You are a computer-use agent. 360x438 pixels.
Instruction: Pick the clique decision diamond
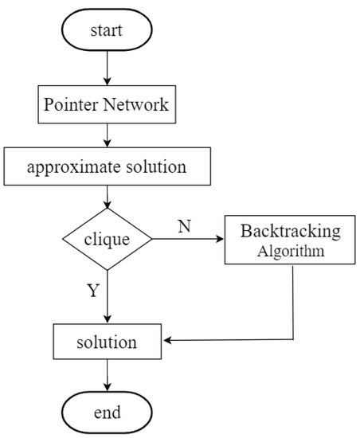(x=106, y=238)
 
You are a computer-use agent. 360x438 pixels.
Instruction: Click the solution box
(x=106, y=342)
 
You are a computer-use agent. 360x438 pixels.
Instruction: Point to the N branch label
(x=184, y=226)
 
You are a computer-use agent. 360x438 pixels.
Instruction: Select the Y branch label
(x=92, y=291)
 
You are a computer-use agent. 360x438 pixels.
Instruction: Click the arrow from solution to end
(x=106, y=377)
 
